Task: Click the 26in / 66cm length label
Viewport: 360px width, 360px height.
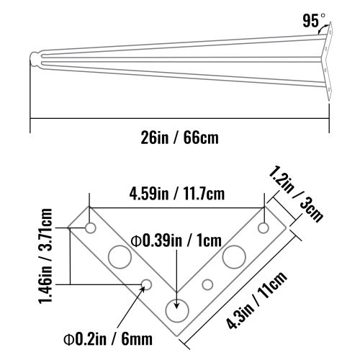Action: (x=180, y=136)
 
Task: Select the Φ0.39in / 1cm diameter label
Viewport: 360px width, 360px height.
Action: (x=176, y=239)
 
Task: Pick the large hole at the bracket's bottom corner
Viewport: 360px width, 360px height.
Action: (x=176, y=312)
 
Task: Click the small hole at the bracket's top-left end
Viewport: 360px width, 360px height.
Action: (x=91, y=228)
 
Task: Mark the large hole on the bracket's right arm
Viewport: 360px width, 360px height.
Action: (x=234, y=256)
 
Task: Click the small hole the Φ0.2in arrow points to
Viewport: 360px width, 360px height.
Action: (x=147, y=283)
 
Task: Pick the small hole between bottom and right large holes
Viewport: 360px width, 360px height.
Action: (x=207, y=283)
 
